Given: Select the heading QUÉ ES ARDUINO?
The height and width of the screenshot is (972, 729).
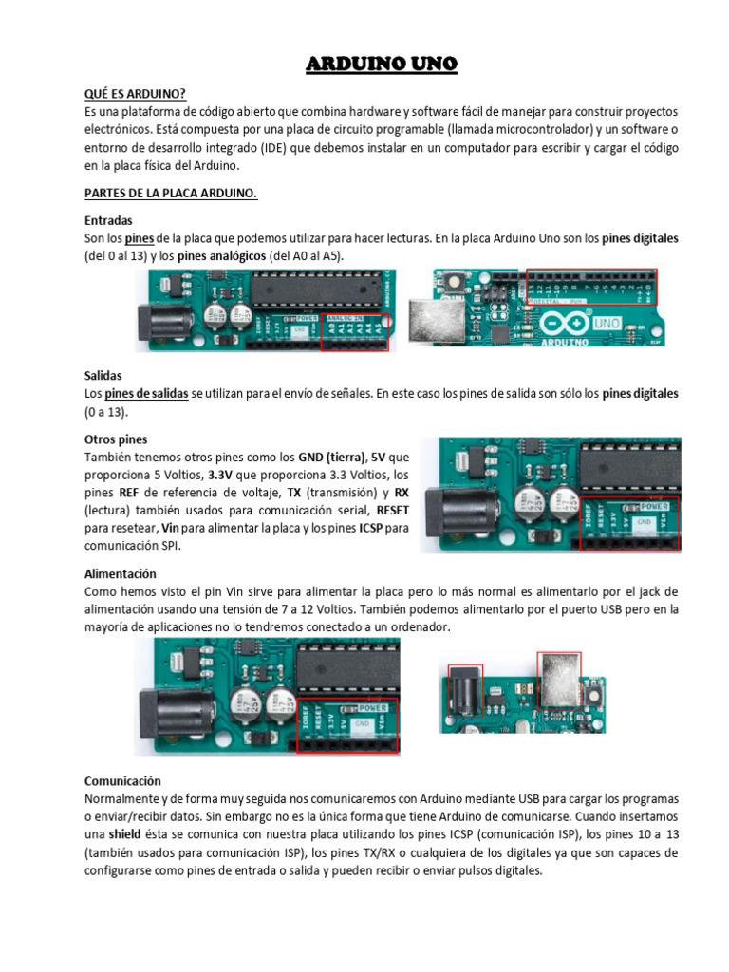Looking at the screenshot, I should pyautogui.click(x=135, y=92).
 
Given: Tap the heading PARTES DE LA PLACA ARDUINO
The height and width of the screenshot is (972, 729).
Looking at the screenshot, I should pyautogui.click(x=171, y=194).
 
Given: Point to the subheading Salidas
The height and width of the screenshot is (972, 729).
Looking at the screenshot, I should pyautogui.click(x=103, y=375).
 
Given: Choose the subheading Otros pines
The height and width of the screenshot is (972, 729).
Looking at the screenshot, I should pyautogui.click(x=119, y=439).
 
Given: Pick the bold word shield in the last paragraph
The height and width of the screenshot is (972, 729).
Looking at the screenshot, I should pyautogui.click(x=124, y=834).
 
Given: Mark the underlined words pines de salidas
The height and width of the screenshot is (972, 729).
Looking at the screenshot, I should pyautogui.click(x=145, y=393).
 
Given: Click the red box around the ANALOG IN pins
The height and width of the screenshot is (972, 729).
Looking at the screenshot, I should pyautogui.click(x=355, y=332).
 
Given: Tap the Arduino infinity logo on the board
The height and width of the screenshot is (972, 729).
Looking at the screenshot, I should pyautogui.click(x=564, y=324).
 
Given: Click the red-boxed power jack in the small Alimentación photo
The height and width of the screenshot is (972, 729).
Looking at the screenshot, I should pyautogui.click(x=465, y=684).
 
